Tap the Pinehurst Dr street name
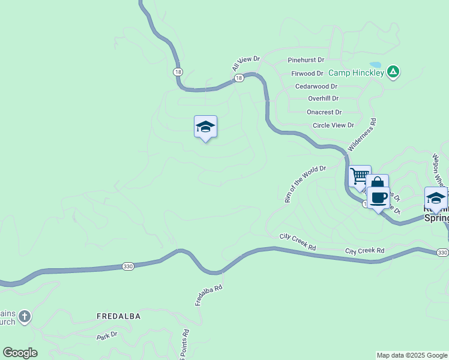point(306,60)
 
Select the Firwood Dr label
point(307,73)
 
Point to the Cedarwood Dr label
point(316,86)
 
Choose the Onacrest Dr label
point(324,112)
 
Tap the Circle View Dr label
point(333,125)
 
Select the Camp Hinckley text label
point(356,73)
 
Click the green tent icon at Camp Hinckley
point(393,73)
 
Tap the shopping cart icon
point(360,176)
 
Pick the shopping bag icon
point(378,184)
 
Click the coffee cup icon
point(378,197)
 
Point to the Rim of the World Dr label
point(305,184)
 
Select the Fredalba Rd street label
point(209,295)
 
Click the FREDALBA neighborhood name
point(119,316)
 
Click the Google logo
point(20,353)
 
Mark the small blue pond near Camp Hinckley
point(375,65)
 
